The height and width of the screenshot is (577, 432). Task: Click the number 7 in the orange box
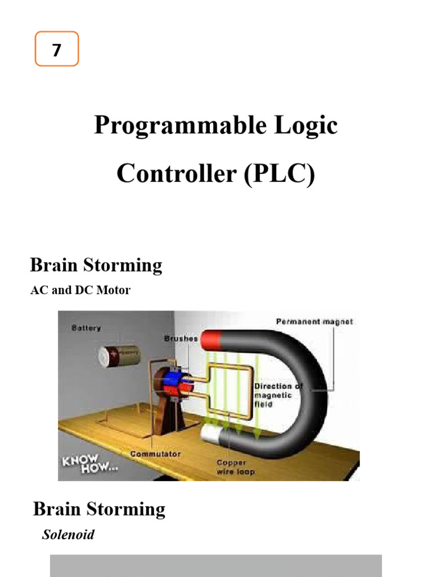[x=56, y=50]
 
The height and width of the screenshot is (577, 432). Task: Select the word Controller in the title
[x=176, y=174]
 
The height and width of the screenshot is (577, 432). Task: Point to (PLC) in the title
[x=279, y=174]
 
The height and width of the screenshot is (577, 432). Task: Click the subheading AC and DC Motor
[x=80, y=290]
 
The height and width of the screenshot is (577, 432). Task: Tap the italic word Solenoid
[x=68, y=534]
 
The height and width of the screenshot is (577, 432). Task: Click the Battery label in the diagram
[x=86, y=327]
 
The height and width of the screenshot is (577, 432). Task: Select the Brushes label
[x=181, y=339]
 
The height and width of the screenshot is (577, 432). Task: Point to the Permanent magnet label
[x=314, y=321]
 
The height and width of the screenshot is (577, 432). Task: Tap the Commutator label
[x=155, y=454]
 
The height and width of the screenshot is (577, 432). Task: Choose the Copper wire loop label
[x=235, y=467]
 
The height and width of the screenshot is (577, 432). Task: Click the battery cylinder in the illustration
[x=119, y=355]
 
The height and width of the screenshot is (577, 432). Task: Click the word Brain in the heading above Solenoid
[x=55, y=509]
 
